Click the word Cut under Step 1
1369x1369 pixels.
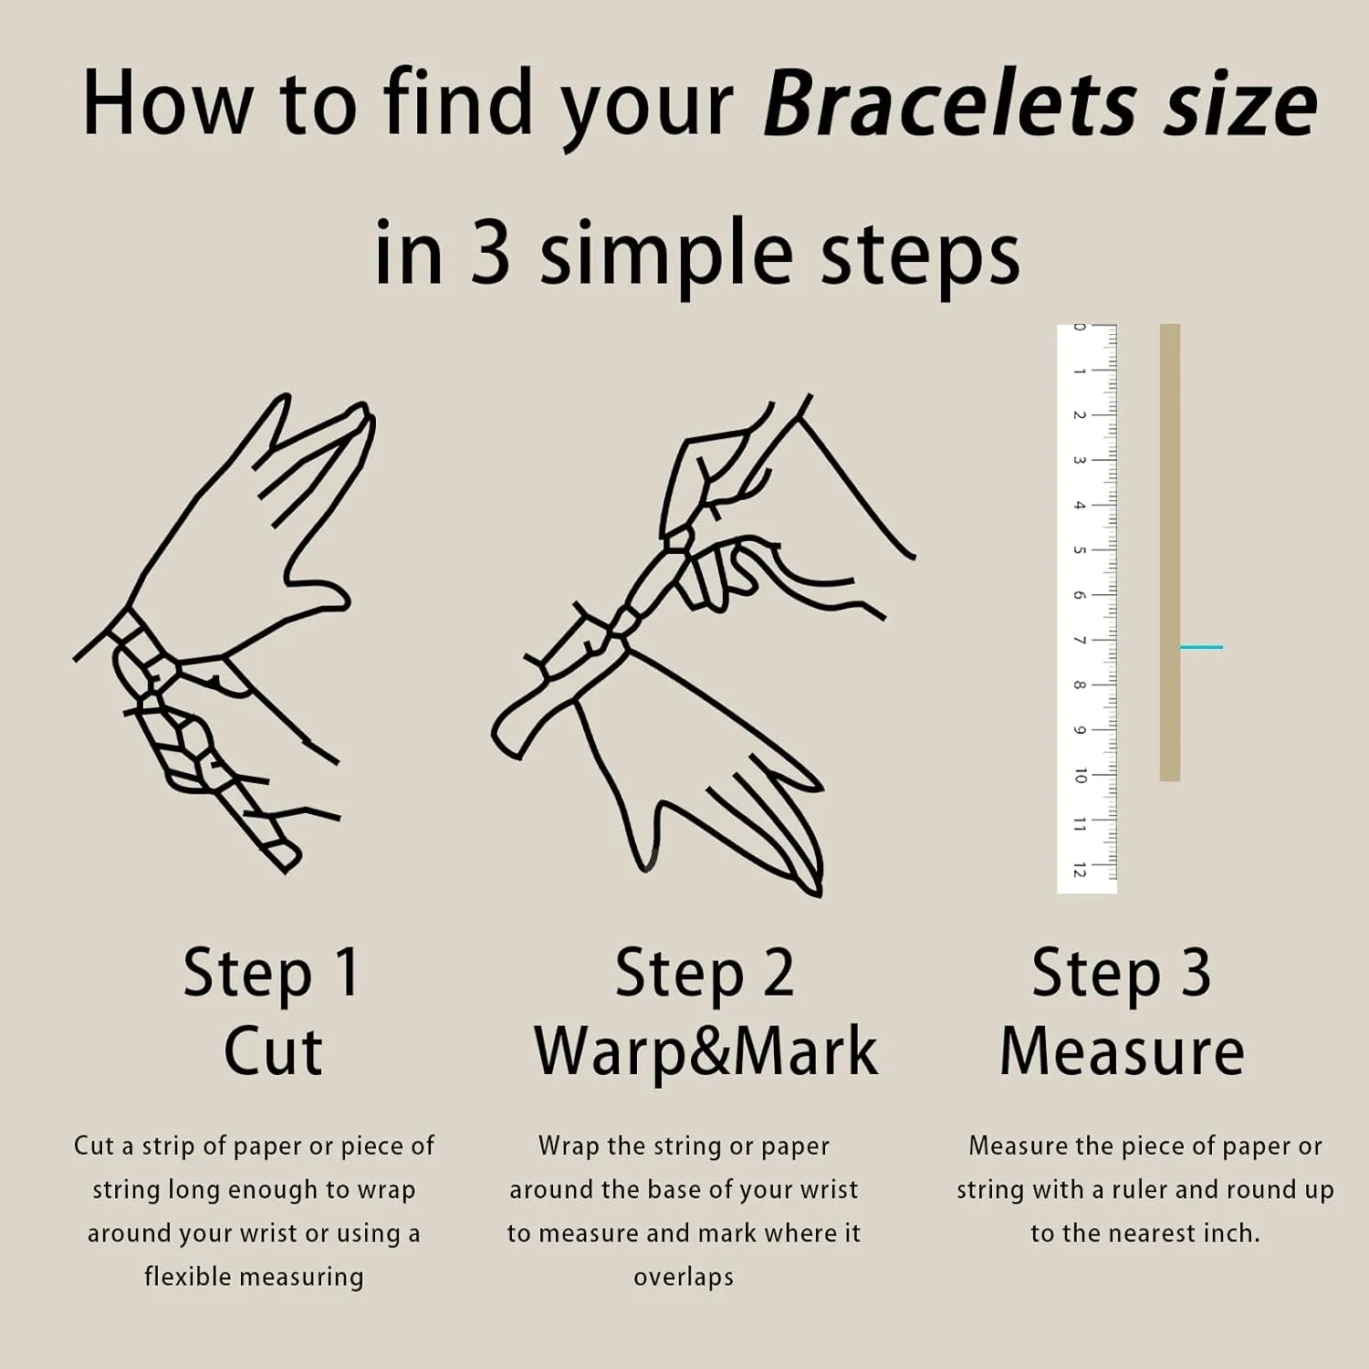coord(273,1051)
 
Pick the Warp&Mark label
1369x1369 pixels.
coord(705,1051)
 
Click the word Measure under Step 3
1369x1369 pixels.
coord(1122,1051)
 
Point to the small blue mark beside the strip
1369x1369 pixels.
coord(1201,647)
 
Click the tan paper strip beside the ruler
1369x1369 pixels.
coord(1170,552)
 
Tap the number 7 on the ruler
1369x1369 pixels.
coord(1080,640)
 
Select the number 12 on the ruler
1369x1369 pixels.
coord(1080,870)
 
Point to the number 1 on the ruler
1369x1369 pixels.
coord(1080,371)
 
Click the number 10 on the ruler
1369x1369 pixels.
coord(1080,777)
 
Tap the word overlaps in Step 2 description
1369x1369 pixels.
coord(684,1278)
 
